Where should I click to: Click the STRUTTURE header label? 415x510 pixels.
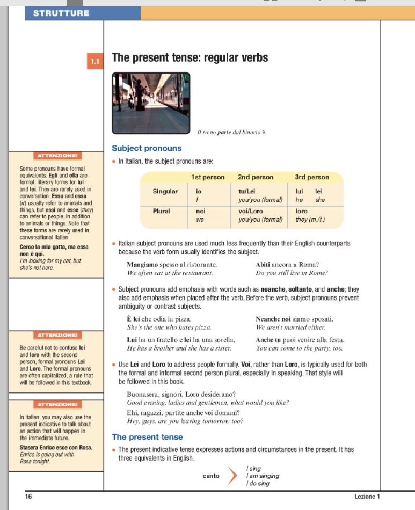coord(61,13)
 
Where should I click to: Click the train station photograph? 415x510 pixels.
coord(151,103)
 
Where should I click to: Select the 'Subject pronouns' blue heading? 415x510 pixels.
coord(147,148)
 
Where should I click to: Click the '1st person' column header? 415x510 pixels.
coord(208,177)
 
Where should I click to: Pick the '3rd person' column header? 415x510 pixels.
coord(312,177)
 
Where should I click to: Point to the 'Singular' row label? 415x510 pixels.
coord(165,191)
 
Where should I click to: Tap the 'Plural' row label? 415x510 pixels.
coord(162,211)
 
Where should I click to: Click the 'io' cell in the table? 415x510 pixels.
coord(198,191)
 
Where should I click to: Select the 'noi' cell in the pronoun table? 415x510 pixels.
coord(200,212)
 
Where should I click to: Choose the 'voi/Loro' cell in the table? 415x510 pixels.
coord(251,212)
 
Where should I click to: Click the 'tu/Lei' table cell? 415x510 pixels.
coord(247,191)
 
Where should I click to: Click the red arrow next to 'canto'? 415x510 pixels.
coord(232,475)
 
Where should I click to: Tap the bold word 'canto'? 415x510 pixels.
coord(211,476)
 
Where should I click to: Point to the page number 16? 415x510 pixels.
coord(28,497)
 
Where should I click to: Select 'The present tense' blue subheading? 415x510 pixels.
coord(147,437)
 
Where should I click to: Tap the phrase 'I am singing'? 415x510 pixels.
coord(263,476)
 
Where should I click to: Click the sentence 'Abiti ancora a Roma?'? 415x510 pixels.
coord(287,264)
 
